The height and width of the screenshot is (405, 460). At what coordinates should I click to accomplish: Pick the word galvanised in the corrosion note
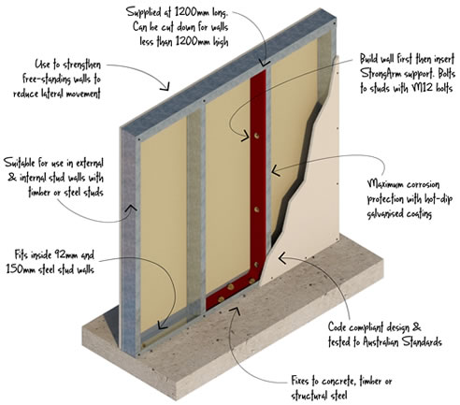click(385, 214)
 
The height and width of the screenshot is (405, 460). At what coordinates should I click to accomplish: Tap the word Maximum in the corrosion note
click(385, 184)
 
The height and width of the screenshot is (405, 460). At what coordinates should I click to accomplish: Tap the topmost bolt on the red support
click(256, 136)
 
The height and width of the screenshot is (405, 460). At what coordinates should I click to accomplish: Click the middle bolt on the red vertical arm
click(256, 210)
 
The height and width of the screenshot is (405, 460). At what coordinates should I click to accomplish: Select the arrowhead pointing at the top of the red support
click(265, 63)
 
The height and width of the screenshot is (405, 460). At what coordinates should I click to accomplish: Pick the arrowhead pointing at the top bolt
click(246, 136)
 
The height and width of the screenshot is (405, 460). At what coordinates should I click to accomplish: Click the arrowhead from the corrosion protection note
click(275, 170)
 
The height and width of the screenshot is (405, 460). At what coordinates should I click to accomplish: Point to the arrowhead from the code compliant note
click(281, 258)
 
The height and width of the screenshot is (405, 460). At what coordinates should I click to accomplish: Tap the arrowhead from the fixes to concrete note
click(235, 310)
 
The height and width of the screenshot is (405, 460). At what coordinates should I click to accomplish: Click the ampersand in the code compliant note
click(416, 327)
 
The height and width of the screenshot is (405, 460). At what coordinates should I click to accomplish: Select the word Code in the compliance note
click(337, 327)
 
